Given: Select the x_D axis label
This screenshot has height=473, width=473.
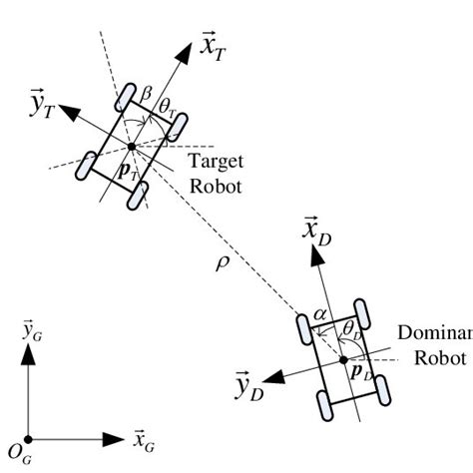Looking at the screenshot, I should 316,232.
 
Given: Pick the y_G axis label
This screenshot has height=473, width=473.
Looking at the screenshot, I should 32,330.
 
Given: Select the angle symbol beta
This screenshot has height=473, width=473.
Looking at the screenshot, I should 146,92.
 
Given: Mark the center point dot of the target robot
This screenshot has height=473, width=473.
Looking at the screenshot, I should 132,147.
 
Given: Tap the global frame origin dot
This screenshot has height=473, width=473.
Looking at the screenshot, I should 29,438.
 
